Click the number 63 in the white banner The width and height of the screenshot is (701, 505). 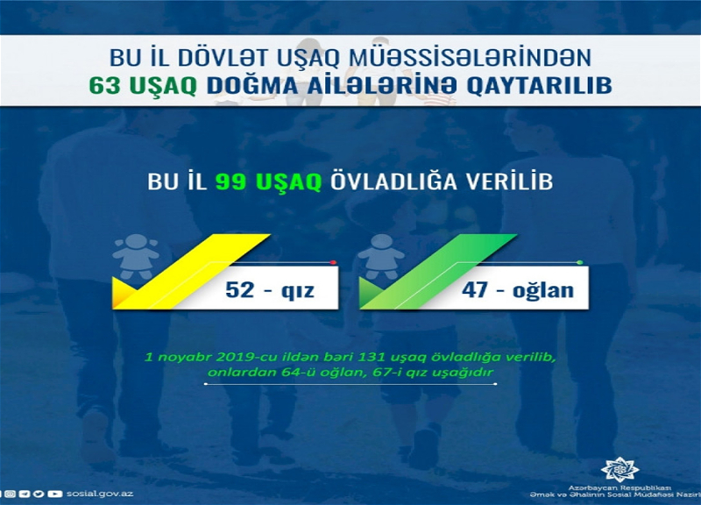tap(104, 85)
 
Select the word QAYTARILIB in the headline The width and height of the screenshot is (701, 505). tap(539, 86)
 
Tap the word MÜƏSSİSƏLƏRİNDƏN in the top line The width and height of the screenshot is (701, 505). tap(470, 58)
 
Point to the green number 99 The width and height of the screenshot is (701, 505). tap(230, 182)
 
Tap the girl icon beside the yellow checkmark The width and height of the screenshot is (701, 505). tap(136, 257)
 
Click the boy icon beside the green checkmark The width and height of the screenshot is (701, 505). tap(381, 257)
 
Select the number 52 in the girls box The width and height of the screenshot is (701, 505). tap(240, 289)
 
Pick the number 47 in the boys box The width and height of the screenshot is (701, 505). tap(476, 289)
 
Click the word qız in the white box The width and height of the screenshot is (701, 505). tap(297, 291)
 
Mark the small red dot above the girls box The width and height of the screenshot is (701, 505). tap(333, 262)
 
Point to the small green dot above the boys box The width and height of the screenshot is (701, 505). tap(579, 262)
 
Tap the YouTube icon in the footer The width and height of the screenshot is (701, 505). tap(55, 494)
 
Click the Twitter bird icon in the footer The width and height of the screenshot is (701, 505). tap(39, 494)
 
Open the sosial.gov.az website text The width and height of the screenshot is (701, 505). tap(100, 494)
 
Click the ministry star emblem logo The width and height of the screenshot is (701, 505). tap(620, 470)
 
